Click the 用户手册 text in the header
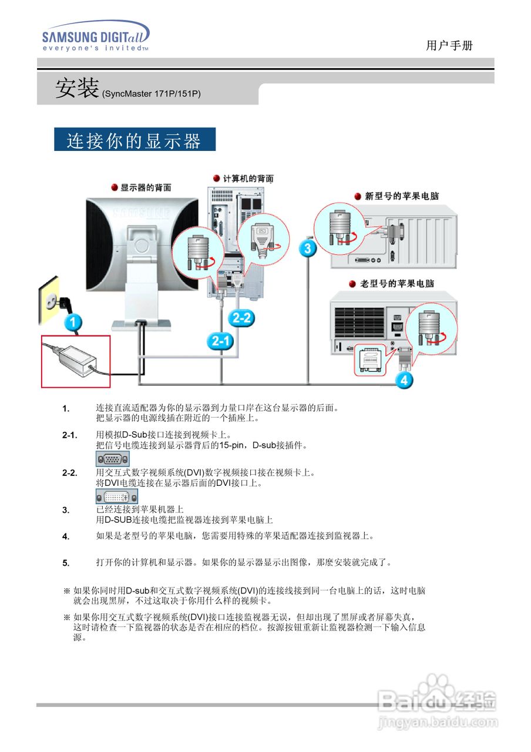[x=449, y=46]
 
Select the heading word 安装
[x=76, y=89]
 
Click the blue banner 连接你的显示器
[x=135, y=140]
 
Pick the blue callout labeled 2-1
[x=220, y=341]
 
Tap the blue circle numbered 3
[x=307, y=248]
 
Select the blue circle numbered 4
[x=404, y=380]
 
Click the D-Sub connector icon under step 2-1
[x=112, y=459]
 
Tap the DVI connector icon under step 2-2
[x=116, y=497]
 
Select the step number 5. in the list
[x=66, y=563]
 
